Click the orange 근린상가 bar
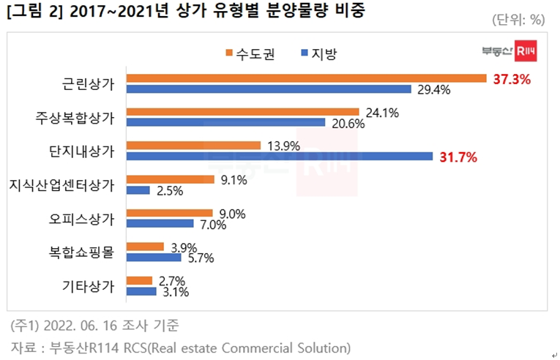[x=306, y=78]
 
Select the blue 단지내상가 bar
[x=280, y=156]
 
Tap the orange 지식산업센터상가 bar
[x=170, y=179]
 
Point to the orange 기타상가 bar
[x=139, y=280]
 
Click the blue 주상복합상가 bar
[x=225, y=122]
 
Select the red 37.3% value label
[x=511, y=79]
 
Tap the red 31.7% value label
[x=458, y=157]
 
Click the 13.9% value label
[x=283, y=146]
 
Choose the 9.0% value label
[x=232, y=213]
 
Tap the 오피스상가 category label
[x=88, y=219]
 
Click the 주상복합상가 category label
[x=75, y=117]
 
